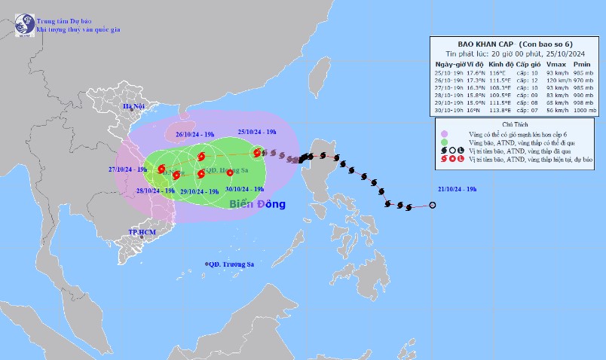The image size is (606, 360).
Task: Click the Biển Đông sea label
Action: pos(258,204)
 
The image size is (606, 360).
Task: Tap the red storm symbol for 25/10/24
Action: pos(258,153)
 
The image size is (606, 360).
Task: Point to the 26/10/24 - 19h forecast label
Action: pos(195,136)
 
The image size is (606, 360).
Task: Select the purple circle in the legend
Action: pos(444,133)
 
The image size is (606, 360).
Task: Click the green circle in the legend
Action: pos(444,142)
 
